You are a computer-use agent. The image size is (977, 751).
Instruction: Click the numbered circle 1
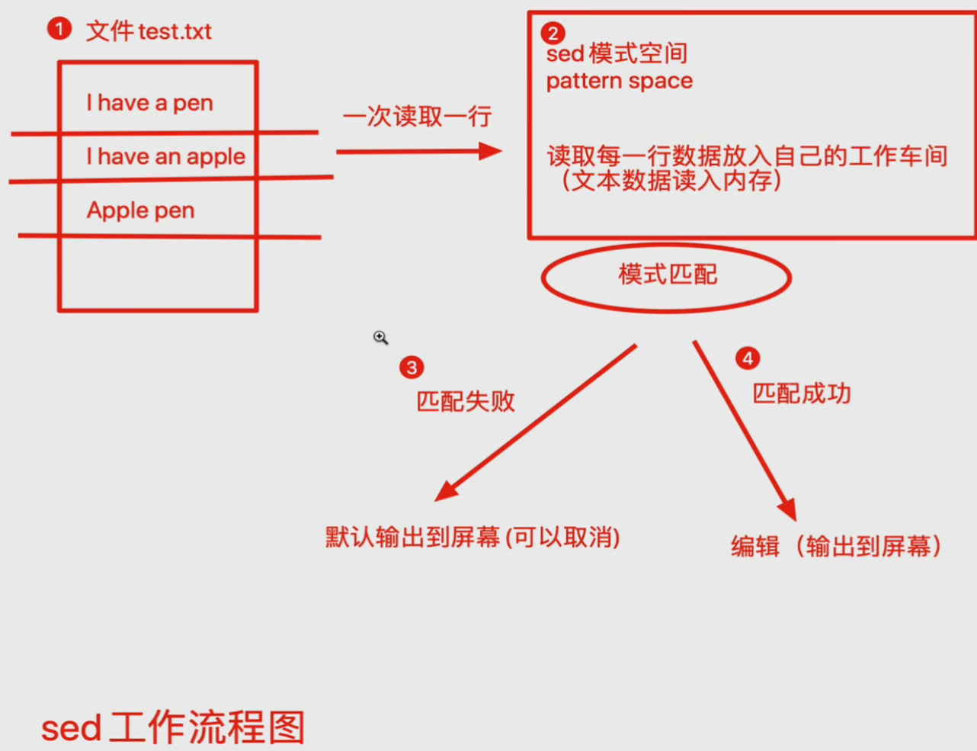pyautogui.click(x=59, y=29)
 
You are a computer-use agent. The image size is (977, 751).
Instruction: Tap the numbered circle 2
pyautogui.click(x=553, y=33)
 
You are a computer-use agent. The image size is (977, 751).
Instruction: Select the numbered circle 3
pyautogui.click(x=412, y=367)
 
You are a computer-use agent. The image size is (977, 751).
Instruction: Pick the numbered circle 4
pyautogui.click(x=747, y=358)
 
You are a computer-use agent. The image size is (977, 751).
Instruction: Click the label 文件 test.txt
pyautogui.click(x=149, y=31)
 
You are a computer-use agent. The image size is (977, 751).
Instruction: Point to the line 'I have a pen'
pyautogui.click(x=149, y=103)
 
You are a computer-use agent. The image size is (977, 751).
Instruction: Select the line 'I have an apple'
pyautogui.click(x=165, y=156)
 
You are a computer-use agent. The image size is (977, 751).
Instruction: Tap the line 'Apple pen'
pyautogui.click(x=140, y=210)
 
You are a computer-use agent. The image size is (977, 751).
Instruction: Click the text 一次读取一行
pyautogui.click(x=417, y=117)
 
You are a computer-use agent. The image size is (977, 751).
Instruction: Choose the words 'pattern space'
pyautogui.click(x=619, y=81)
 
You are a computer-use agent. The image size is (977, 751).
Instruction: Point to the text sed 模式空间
pyautogui.click(x=617, y=53)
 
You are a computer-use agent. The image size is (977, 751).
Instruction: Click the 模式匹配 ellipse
pyautogui.click(x=667, y=275)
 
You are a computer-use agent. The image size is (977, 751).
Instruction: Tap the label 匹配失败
pyautogui.click(x=465, y=401)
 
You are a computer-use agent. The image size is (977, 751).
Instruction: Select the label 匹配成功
pyautogui.click(x=801, y=393)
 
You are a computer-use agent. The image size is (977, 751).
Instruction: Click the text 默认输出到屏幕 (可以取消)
pyautogui.click(x=472, y=538)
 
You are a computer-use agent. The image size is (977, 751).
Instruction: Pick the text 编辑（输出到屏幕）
pyautogui.click(x=836, y=546)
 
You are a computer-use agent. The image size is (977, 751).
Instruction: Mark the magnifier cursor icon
pyautogui.click(x=380, y=337)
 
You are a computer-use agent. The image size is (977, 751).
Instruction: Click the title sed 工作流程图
pyautogui.click(x=173, y=727)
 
